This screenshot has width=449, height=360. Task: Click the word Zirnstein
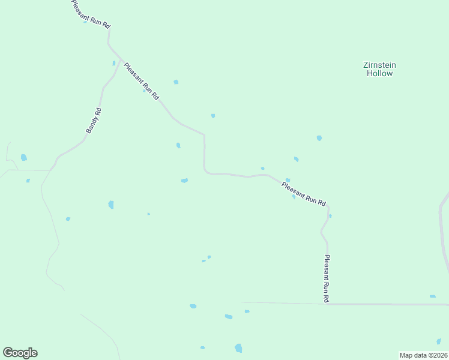click(379, 65)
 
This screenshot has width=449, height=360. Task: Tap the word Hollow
click(379, 73)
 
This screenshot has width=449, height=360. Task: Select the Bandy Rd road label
click(94, 121)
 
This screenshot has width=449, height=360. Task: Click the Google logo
click(20, 353)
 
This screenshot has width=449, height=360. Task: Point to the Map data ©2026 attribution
click(423, 355)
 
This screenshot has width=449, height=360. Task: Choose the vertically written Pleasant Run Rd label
click(327, 278)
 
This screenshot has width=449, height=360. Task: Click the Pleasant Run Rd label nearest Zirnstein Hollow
click(304, 193)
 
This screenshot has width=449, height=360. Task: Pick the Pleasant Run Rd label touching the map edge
click(90, 13)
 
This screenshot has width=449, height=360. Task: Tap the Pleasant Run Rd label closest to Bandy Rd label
click(141, 80)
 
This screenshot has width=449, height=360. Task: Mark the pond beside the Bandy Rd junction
click(113, 63)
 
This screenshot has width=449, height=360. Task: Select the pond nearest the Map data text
click(439, 341)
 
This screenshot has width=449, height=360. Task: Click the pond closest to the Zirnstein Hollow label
click(319, 138)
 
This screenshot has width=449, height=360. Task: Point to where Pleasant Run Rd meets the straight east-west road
click(328, 304)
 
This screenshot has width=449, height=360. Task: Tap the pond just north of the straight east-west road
click(432, 296)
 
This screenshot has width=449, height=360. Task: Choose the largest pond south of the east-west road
click(238, 348)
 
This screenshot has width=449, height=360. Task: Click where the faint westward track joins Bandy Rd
click(52, 170)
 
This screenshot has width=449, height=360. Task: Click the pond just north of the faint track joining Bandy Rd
click(24, 158)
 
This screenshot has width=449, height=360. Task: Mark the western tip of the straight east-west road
click(242, 302)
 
